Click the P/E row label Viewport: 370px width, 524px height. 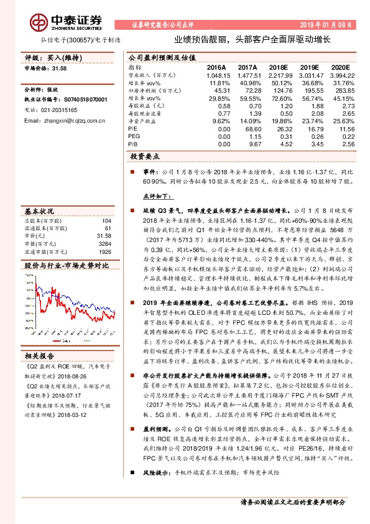coord(133,128)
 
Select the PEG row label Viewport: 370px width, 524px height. coord(134,136)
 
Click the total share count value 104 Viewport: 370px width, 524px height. coord(106,221)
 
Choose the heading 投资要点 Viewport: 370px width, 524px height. coord(147,157)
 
